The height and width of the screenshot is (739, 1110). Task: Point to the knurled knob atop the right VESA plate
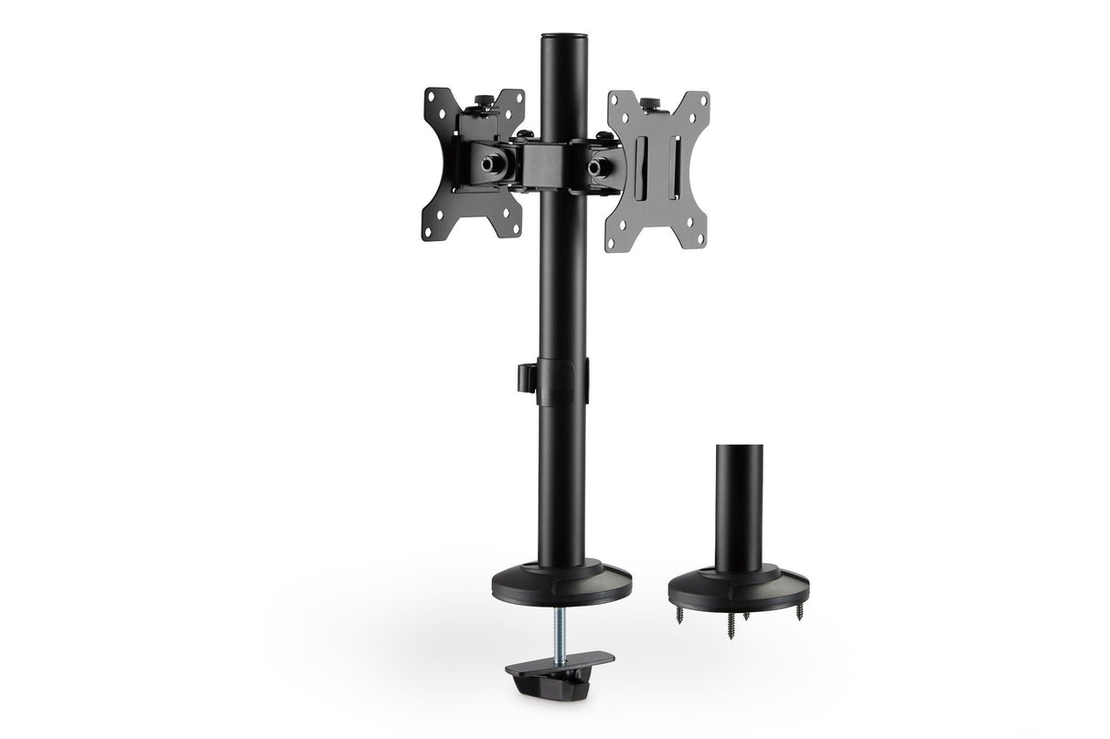648,103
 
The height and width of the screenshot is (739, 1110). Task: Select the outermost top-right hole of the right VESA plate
703,96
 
